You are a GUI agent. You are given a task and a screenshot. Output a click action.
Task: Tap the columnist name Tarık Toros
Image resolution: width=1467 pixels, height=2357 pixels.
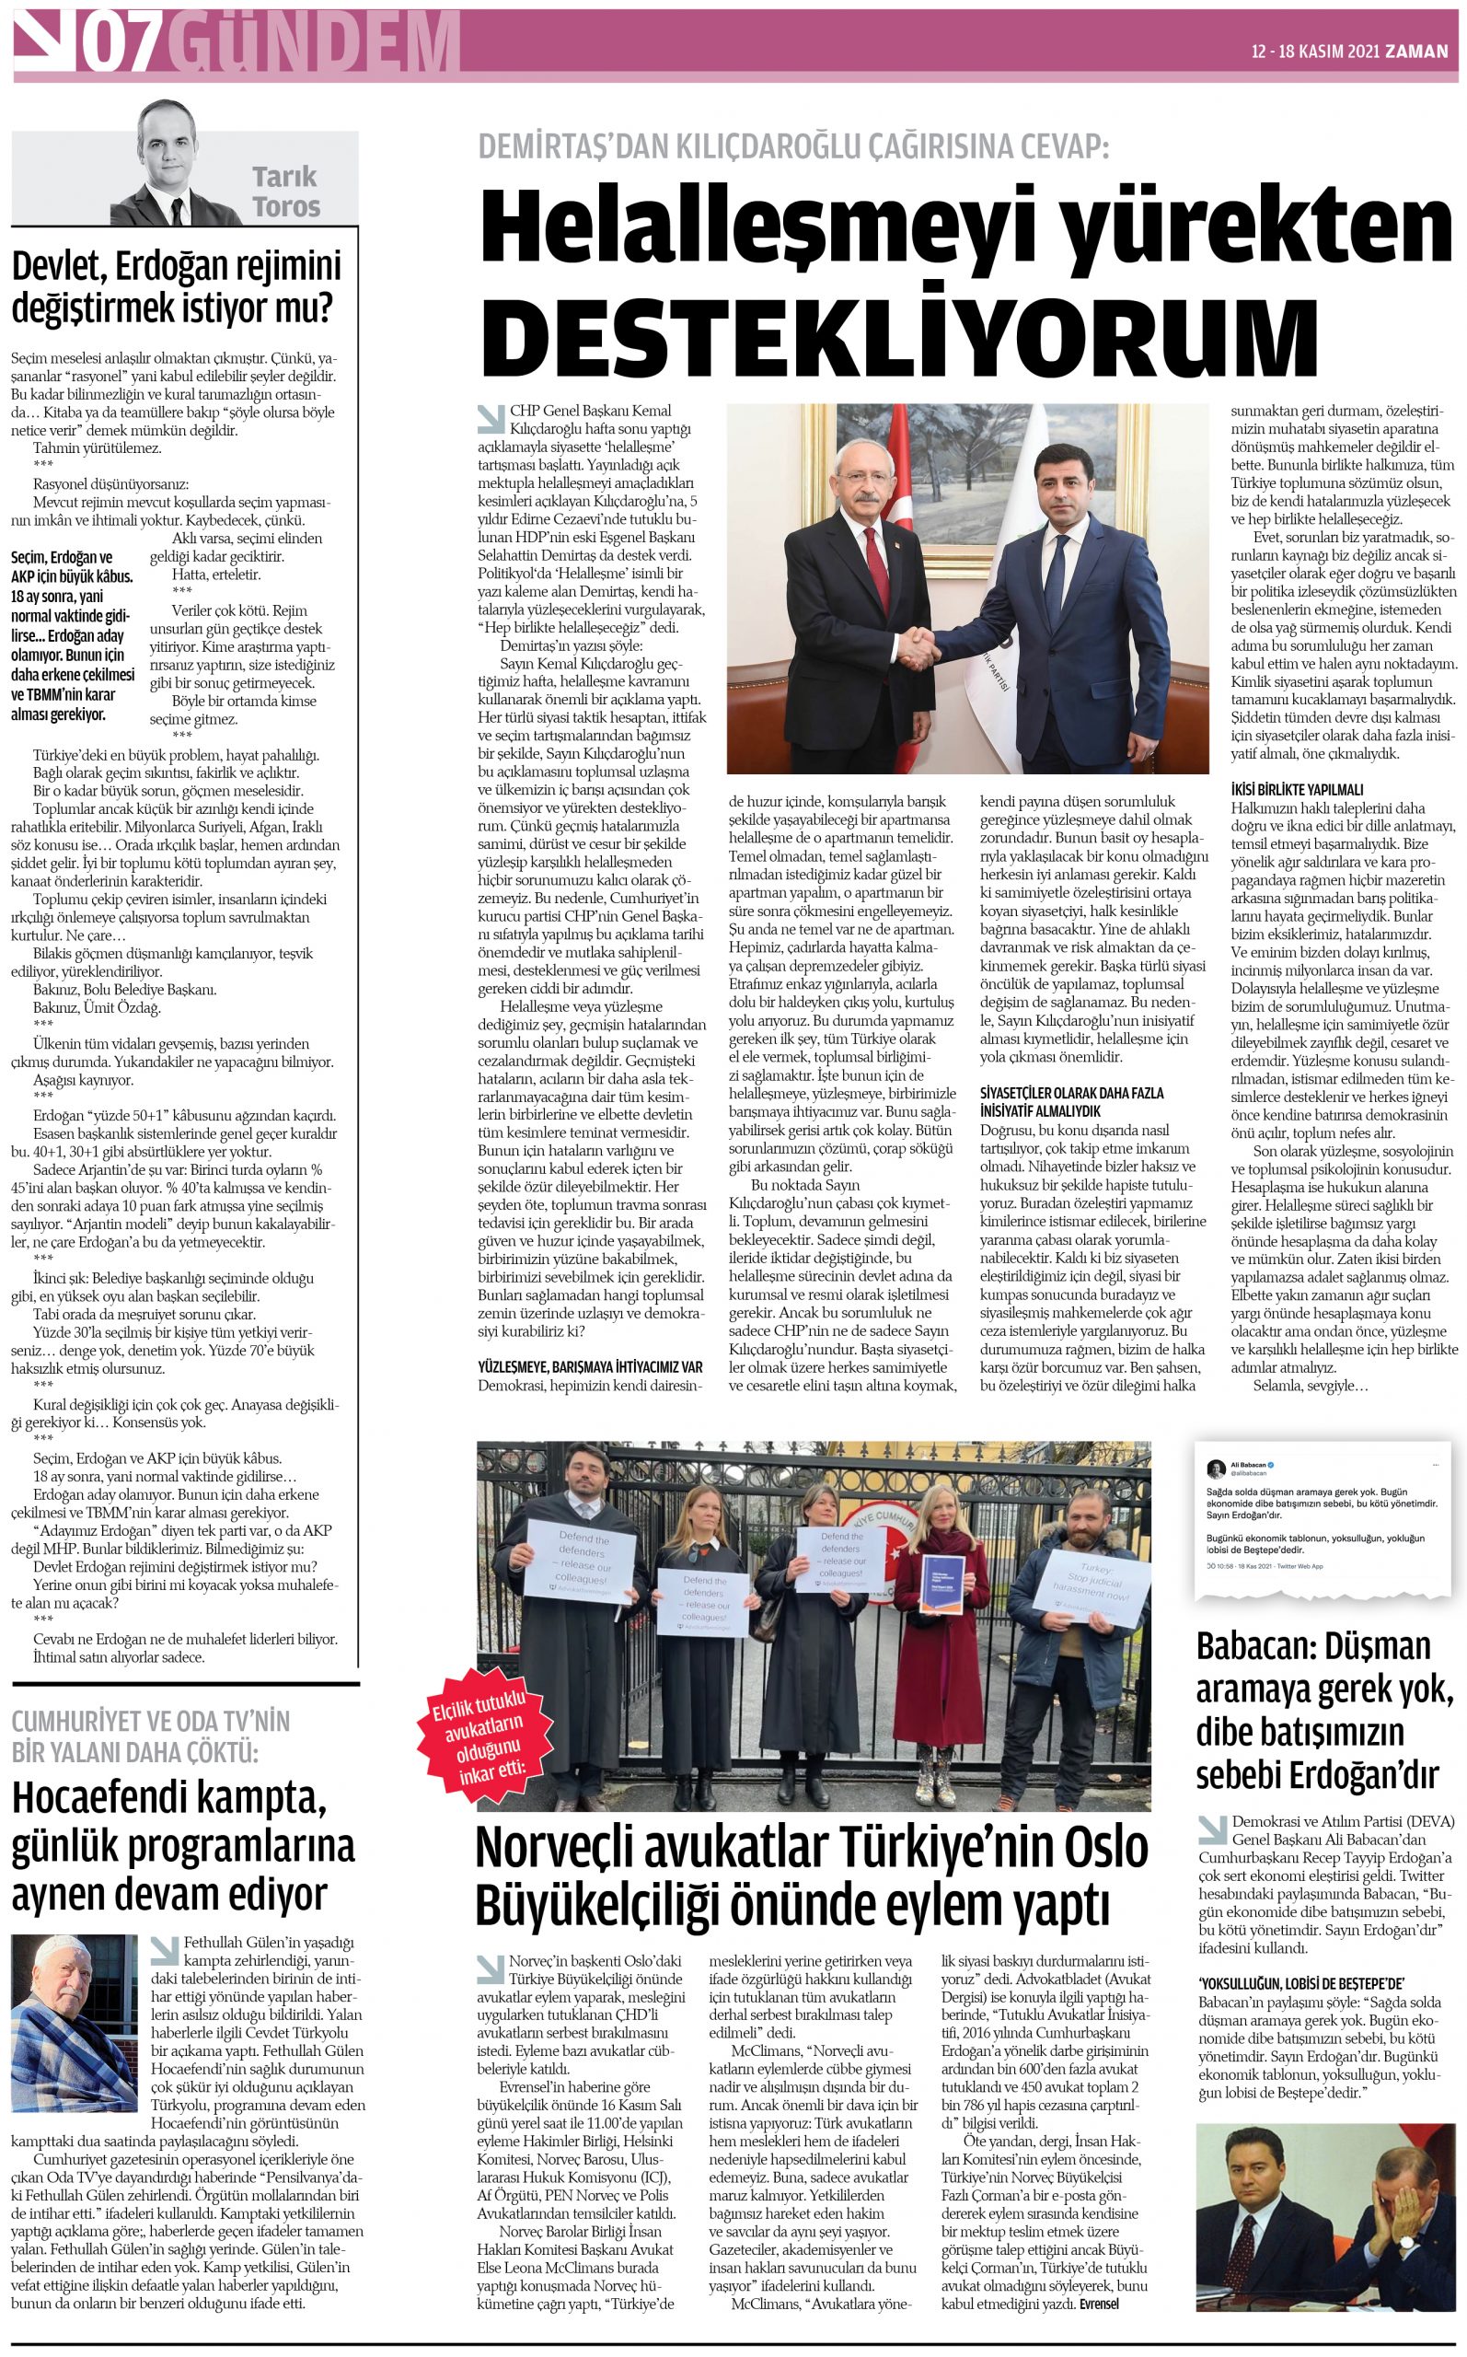click(285, 192)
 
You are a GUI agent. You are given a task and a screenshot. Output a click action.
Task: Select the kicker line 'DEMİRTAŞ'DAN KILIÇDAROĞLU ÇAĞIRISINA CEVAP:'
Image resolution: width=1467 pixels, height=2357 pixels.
click(792, 145)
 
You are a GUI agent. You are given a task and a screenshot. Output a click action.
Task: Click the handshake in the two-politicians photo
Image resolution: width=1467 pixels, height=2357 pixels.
click(916, 647)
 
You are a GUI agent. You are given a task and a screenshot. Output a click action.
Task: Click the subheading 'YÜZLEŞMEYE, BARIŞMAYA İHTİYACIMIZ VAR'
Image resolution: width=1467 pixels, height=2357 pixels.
click(590, 1366)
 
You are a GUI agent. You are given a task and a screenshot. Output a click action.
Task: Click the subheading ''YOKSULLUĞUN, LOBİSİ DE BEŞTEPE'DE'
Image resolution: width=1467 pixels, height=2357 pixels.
click(1300, 1983)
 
